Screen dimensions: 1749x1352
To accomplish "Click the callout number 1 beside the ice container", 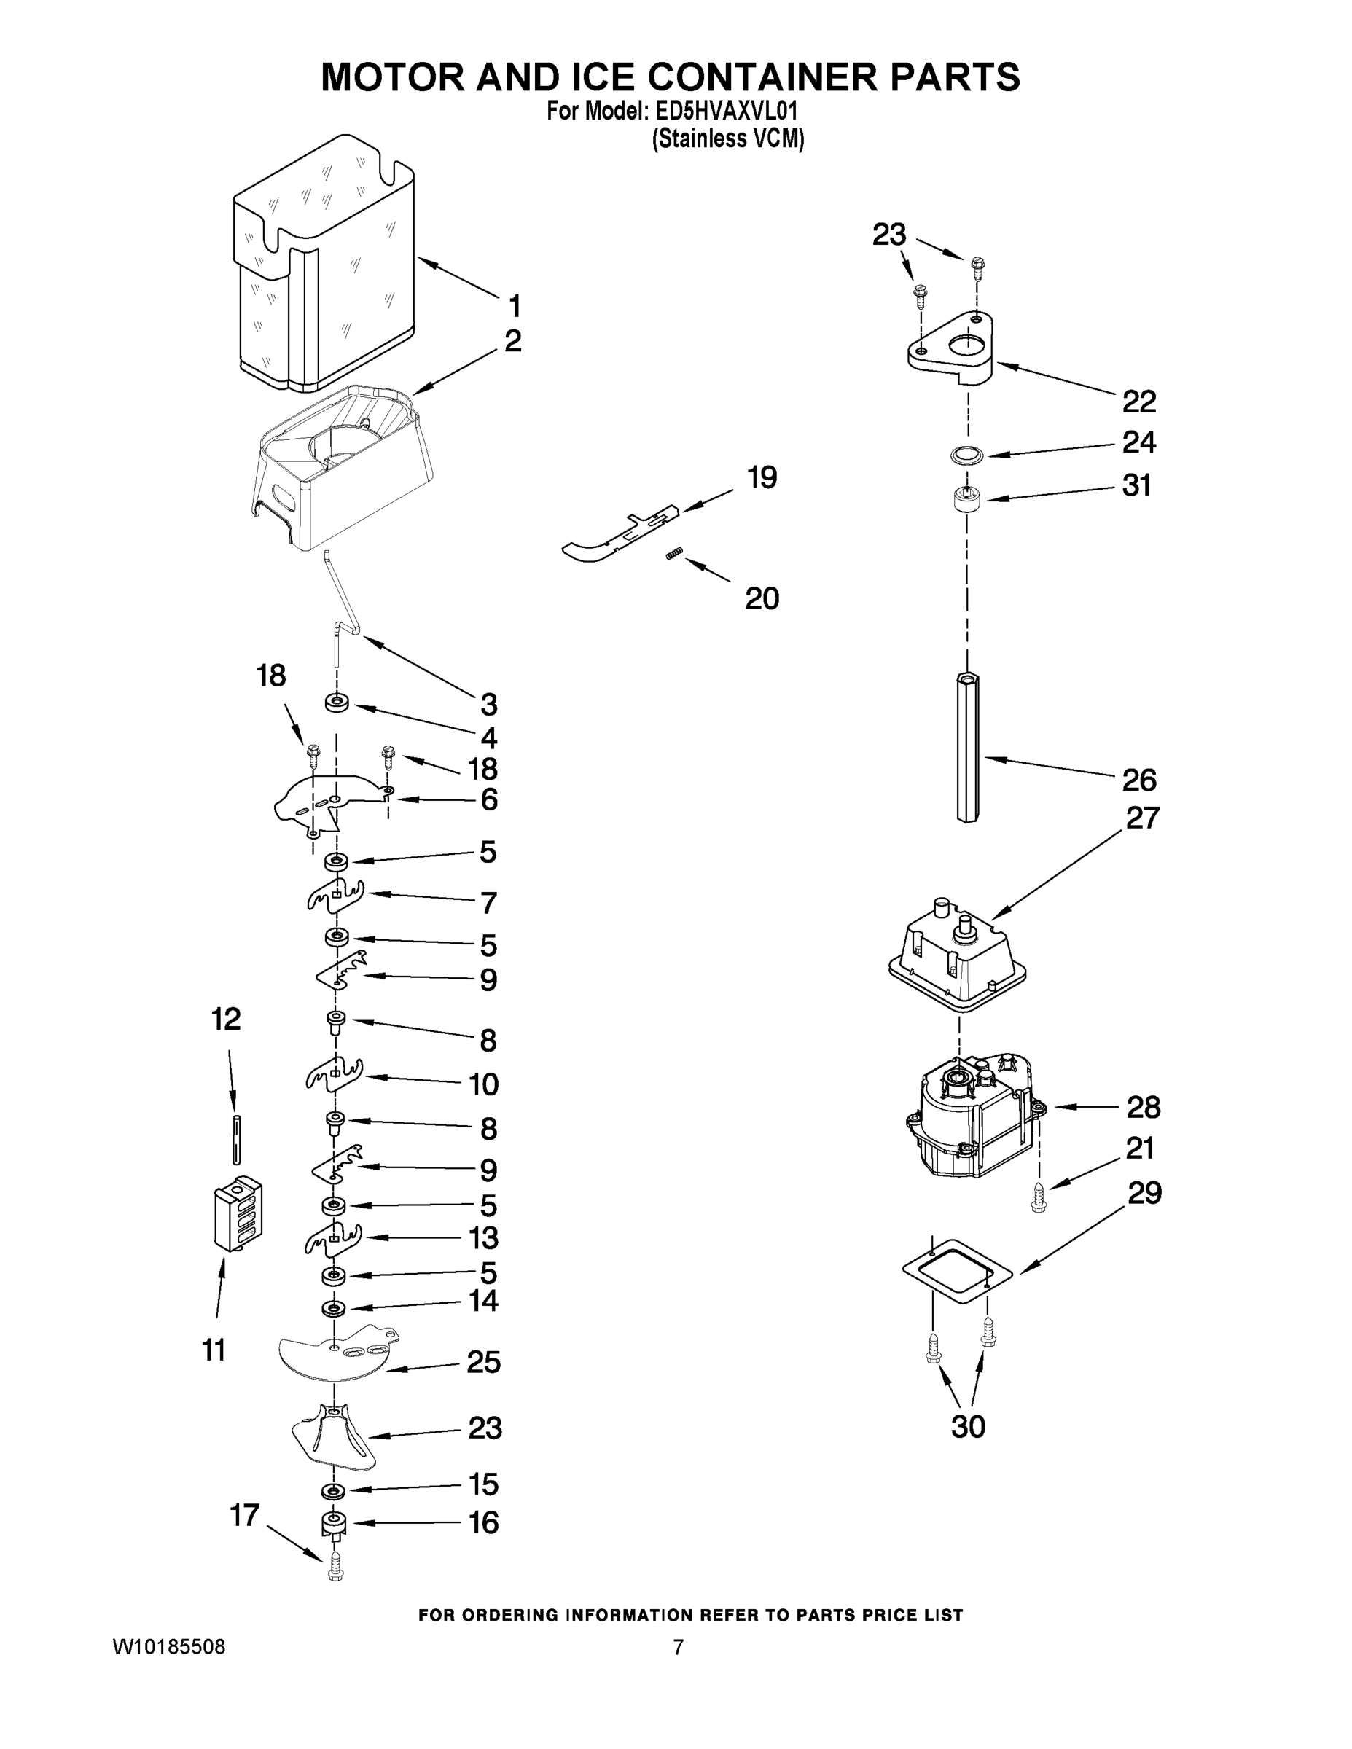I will [x=515, y=305].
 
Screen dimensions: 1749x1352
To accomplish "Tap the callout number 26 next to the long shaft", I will [x=1139, y=779].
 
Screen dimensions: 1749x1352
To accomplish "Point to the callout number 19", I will [x=762, y=478].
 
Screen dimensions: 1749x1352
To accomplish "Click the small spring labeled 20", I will [x=673, y=554].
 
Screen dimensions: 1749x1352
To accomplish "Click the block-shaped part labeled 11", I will [x=238, y=1213].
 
